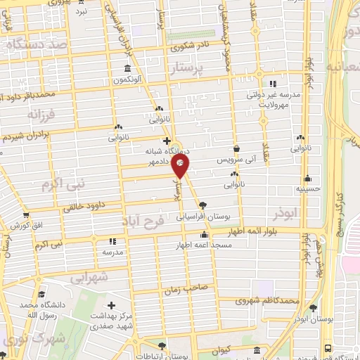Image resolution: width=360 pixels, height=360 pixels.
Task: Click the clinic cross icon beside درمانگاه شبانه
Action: [x=166, y=141]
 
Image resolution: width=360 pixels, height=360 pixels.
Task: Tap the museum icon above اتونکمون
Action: [x=127, y=69]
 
